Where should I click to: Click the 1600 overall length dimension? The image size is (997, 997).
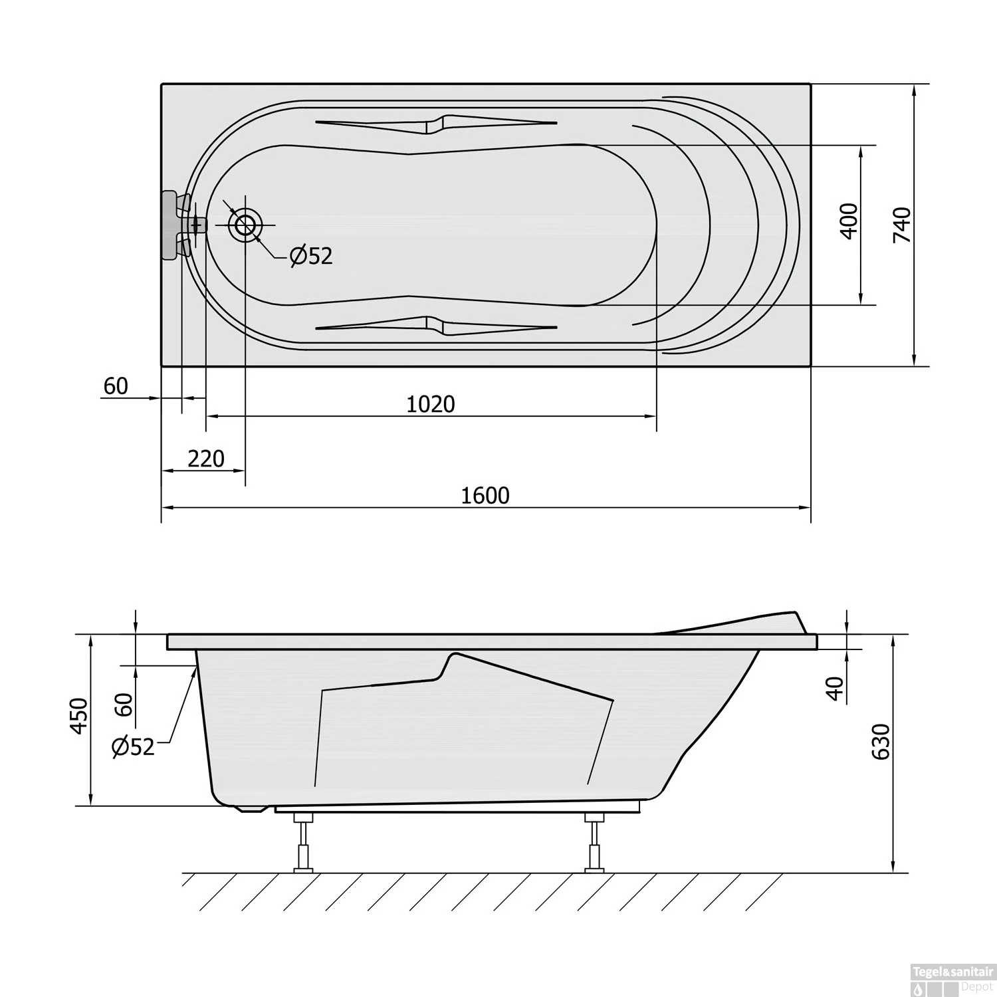(x=485, y=495)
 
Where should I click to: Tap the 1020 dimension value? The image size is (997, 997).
(x=431, y=403)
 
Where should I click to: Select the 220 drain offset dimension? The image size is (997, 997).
(x=206, y=459)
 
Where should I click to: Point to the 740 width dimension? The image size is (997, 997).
(x=902, y=225)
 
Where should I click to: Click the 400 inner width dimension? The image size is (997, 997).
(x=849, y=221)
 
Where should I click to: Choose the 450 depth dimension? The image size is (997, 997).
(x=78, y=716)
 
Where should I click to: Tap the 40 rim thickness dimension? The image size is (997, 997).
(x=835, y=689)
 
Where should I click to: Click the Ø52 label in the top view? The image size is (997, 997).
(x=311, y=255)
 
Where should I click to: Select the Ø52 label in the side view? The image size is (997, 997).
(x=134, y=747)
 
